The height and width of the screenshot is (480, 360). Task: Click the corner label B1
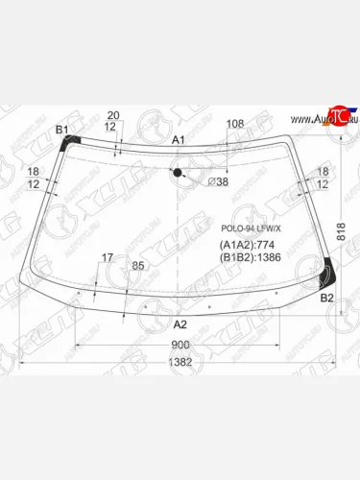[x=62, y=130]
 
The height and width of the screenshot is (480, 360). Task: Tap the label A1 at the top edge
[x=179, y=140]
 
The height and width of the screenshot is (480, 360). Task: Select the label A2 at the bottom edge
[x=180, y=324]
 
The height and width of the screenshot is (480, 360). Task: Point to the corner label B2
[x=326, y=299]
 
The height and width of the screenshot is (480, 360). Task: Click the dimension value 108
[x=234, y=123]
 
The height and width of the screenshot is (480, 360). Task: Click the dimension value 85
[x=137, y=265]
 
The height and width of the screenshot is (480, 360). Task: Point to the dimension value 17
[x=108, y=257]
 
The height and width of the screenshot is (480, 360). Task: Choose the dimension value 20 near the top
[x=113, y=115]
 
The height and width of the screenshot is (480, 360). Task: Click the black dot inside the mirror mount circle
[x=178, y=173]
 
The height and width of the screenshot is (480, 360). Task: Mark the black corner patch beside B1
[x=67, y=143]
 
